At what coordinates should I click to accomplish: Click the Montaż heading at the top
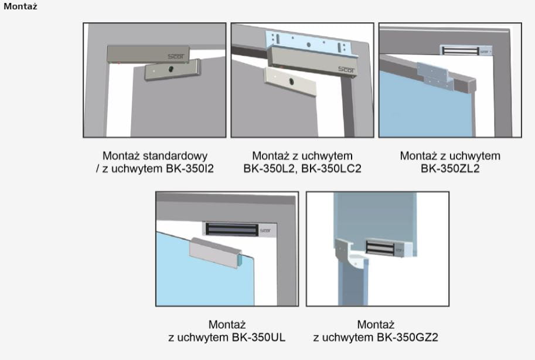20,6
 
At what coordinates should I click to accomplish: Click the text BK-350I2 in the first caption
190,168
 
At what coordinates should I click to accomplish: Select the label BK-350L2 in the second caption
268,168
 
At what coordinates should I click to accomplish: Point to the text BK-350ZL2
450,168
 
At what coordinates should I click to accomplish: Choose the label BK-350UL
258,337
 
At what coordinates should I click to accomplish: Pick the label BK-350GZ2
407,337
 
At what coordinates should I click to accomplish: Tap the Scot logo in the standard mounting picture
176,56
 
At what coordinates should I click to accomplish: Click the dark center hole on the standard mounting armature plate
171,69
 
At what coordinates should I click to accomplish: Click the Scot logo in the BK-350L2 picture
346,70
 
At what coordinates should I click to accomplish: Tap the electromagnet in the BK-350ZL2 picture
466,50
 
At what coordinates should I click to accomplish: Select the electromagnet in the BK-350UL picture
239,229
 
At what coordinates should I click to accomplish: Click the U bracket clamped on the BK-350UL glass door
216,253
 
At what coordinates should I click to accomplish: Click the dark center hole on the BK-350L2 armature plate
291,81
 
